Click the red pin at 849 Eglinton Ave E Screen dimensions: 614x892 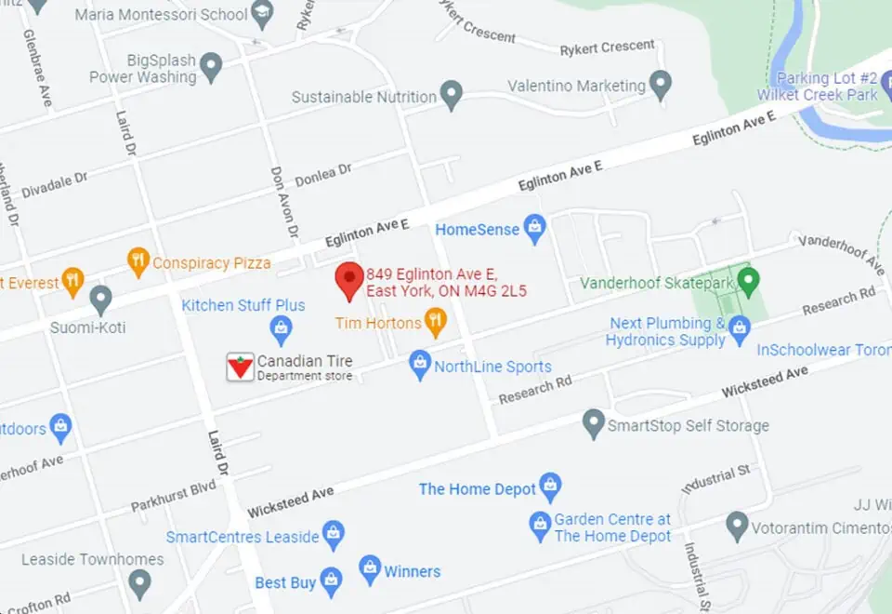coord(349,279)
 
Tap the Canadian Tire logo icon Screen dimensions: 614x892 coord(241,367)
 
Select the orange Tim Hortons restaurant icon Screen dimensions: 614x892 coord(435,322)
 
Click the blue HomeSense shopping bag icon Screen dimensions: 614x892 coord(534,228)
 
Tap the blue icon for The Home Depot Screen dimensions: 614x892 coord(551,487)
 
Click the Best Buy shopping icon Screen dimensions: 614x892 coord(331,581)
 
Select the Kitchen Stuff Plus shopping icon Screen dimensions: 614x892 coord(281,327)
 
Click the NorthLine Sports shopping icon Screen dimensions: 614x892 coord(420,364)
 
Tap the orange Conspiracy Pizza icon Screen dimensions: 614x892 coord(138,261)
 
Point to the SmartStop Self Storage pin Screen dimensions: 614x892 coord(593,424)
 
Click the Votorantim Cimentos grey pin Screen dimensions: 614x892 coord(737,526)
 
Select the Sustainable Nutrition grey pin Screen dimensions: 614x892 coord(451,95)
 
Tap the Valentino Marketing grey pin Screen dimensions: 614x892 coord(661,84)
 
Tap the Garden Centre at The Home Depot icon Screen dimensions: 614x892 coord(540,526)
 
